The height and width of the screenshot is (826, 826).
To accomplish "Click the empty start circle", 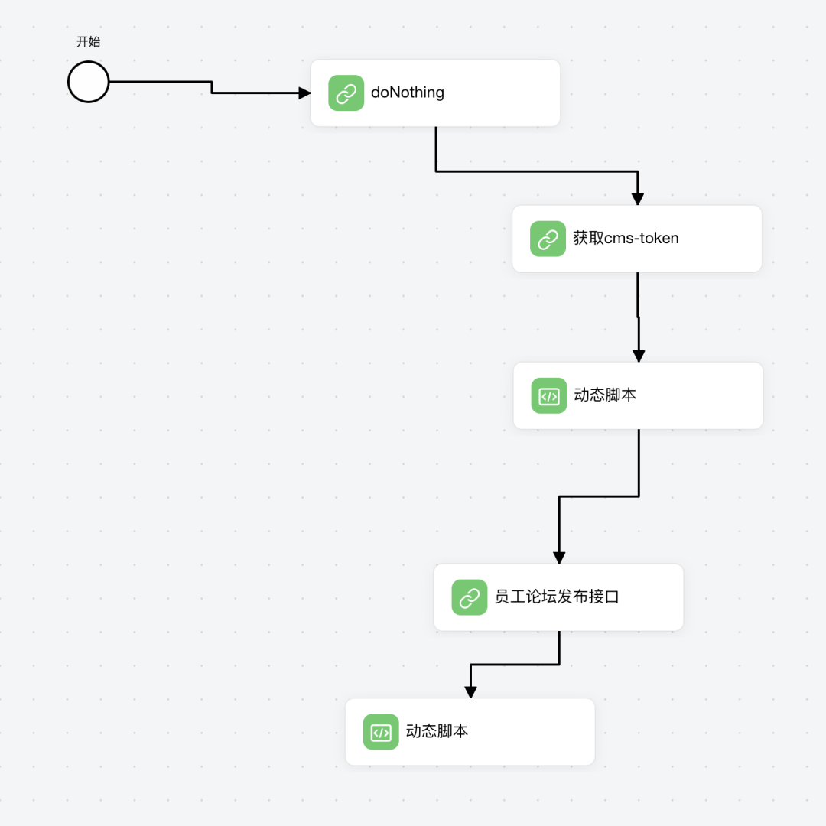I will (89, 82).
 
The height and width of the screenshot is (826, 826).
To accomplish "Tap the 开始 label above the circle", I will (89, 42).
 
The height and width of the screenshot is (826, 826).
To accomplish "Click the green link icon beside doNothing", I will (346, 93).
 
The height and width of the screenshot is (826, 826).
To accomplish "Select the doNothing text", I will (407, 93).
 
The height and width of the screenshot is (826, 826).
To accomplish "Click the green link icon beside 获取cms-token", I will (548, 239).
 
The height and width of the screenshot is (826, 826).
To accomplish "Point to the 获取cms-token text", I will (626, 238).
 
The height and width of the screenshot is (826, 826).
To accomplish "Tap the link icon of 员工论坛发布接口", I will (469, 597).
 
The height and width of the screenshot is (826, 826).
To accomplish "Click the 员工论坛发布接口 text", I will (556, 597).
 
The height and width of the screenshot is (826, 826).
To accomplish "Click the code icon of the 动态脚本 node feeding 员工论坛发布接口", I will (549, 395).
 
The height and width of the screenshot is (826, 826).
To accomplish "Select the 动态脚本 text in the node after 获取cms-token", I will (605, 395).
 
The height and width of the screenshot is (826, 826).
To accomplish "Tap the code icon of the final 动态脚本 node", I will (381, 732).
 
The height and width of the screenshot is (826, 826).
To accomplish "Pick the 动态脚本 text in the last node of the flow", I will (437, 731).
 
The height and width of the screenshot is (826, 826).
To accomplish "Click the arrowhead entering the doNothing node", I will (304, 93).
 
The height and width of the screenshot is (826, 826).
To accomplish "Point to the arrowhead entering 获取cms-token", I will (637, 200).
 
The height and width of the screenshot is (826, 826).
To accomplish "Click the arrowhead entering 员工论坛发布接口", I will (559, 558).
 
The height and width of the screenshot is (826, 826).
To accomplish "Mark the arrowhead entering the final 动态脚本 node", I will (470, 692).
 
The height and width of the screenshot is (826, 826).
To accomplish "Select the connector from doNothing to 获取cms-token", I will (535, 171).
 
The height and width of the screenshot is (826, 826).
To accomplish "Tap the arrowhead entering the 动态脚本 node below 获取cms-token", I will (639, 356).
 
